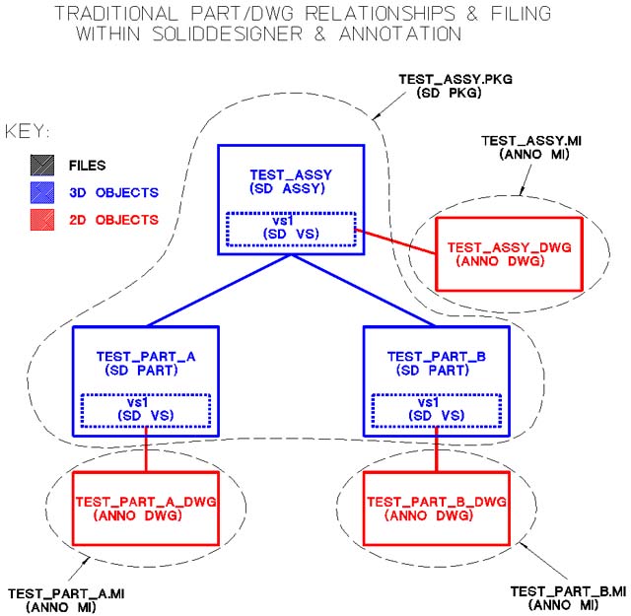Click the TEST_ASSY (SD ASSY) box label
coord(290,181)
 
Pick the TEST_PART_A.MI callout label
coord(67,600)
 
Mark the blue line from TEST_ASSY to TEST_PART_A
coord(218,291)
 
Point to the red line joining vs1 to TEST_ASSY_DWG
coord(394,241)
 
